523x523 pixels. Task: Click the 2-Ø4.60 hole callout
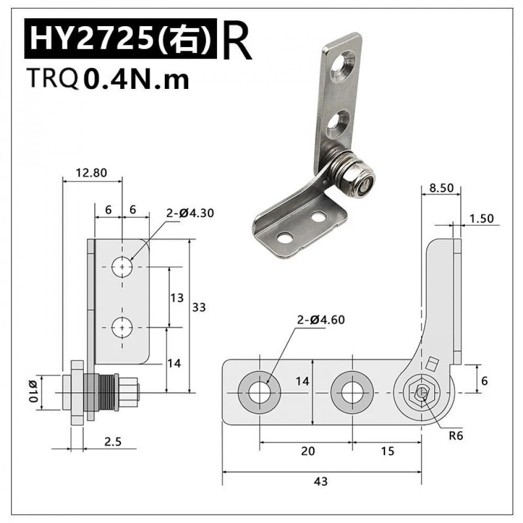(x=321, y=320)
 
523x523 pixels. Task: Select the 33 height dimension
(x=199, y=307)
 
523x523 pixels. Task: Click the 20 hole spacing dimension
(x=308, y=451)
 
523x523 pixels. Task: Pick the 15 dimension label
(x=388, y=451)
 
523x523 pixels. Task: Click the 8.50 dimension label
(x=441, y=189)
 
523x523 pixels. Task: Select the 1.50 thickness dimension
(x=481, y=218)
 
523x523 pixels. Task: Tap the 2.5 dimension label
(x=112, y=441)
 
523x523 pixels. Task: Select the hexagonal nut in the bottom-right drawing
(x=422, y=392)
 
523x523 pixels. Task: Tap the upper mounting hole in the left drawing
(x=122, y=267)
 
